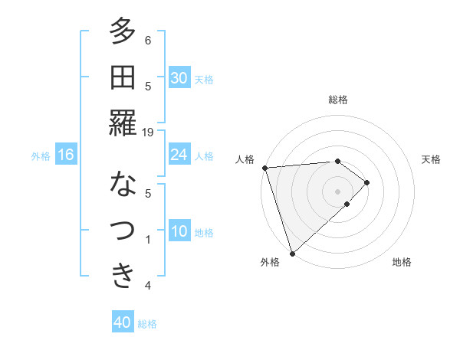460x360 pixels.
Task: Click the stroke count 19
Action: [x=148, y=132]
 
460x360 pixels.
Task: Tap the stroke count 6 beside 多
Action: [x=148, y=40]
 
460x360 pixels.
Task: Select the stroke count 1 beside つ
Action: [x=148, y=239]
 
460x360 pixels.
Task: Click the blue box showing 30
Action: [x=179, y=78]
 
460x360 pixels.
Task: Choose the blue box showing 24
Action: [x=179, y=155]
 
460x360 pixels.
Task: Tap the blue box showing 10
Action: [x=179, y=231]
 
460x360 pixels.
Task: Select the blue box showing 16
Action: [x=65, y=155]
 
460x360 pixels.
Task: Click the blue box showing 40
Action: [x=123, y=322]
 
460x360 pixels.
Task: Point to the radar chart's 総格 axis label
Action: [x=338, y=100]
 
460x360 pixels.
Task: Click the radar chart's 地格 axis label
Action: [x=402, y=262]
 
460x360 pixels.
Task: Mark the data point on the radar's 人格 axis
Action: [x=264, y=167]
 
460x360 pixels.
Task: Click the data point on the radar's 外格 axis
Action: [x=292, y=252]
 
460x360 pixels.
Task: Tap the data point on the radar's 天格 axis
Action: [x=367, y=182]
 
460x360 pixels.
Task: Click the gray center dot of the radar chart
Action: [x=337, y=191]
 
